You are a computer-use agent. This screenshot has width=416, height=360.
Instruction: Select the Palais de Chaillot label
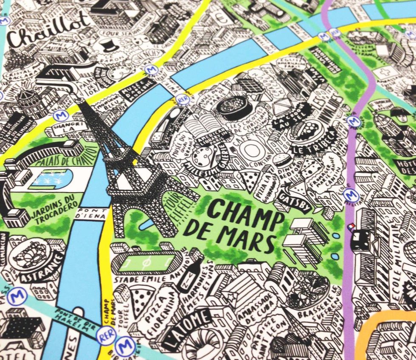[65, 160]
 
